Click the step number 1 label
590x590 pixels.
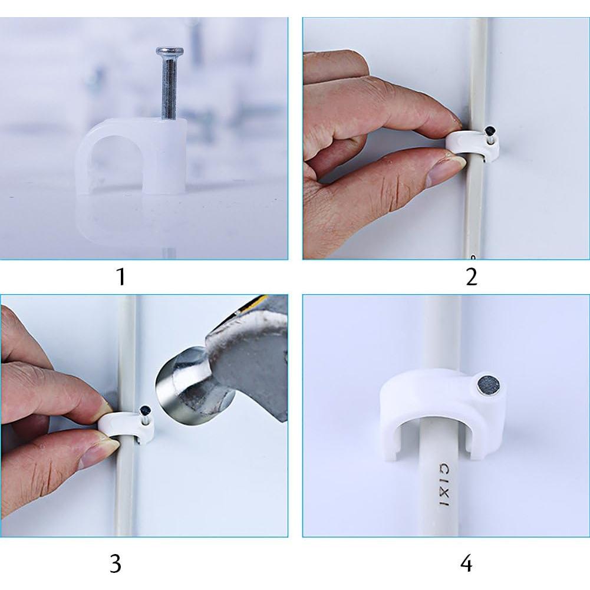[121, 276]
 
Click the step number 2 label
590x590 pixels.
[471, 276]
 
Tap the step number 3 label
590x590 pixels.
[116, 564]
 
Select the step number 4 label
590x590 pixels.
[466, 564]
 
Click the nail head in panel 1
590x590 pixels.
[170, 52]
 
